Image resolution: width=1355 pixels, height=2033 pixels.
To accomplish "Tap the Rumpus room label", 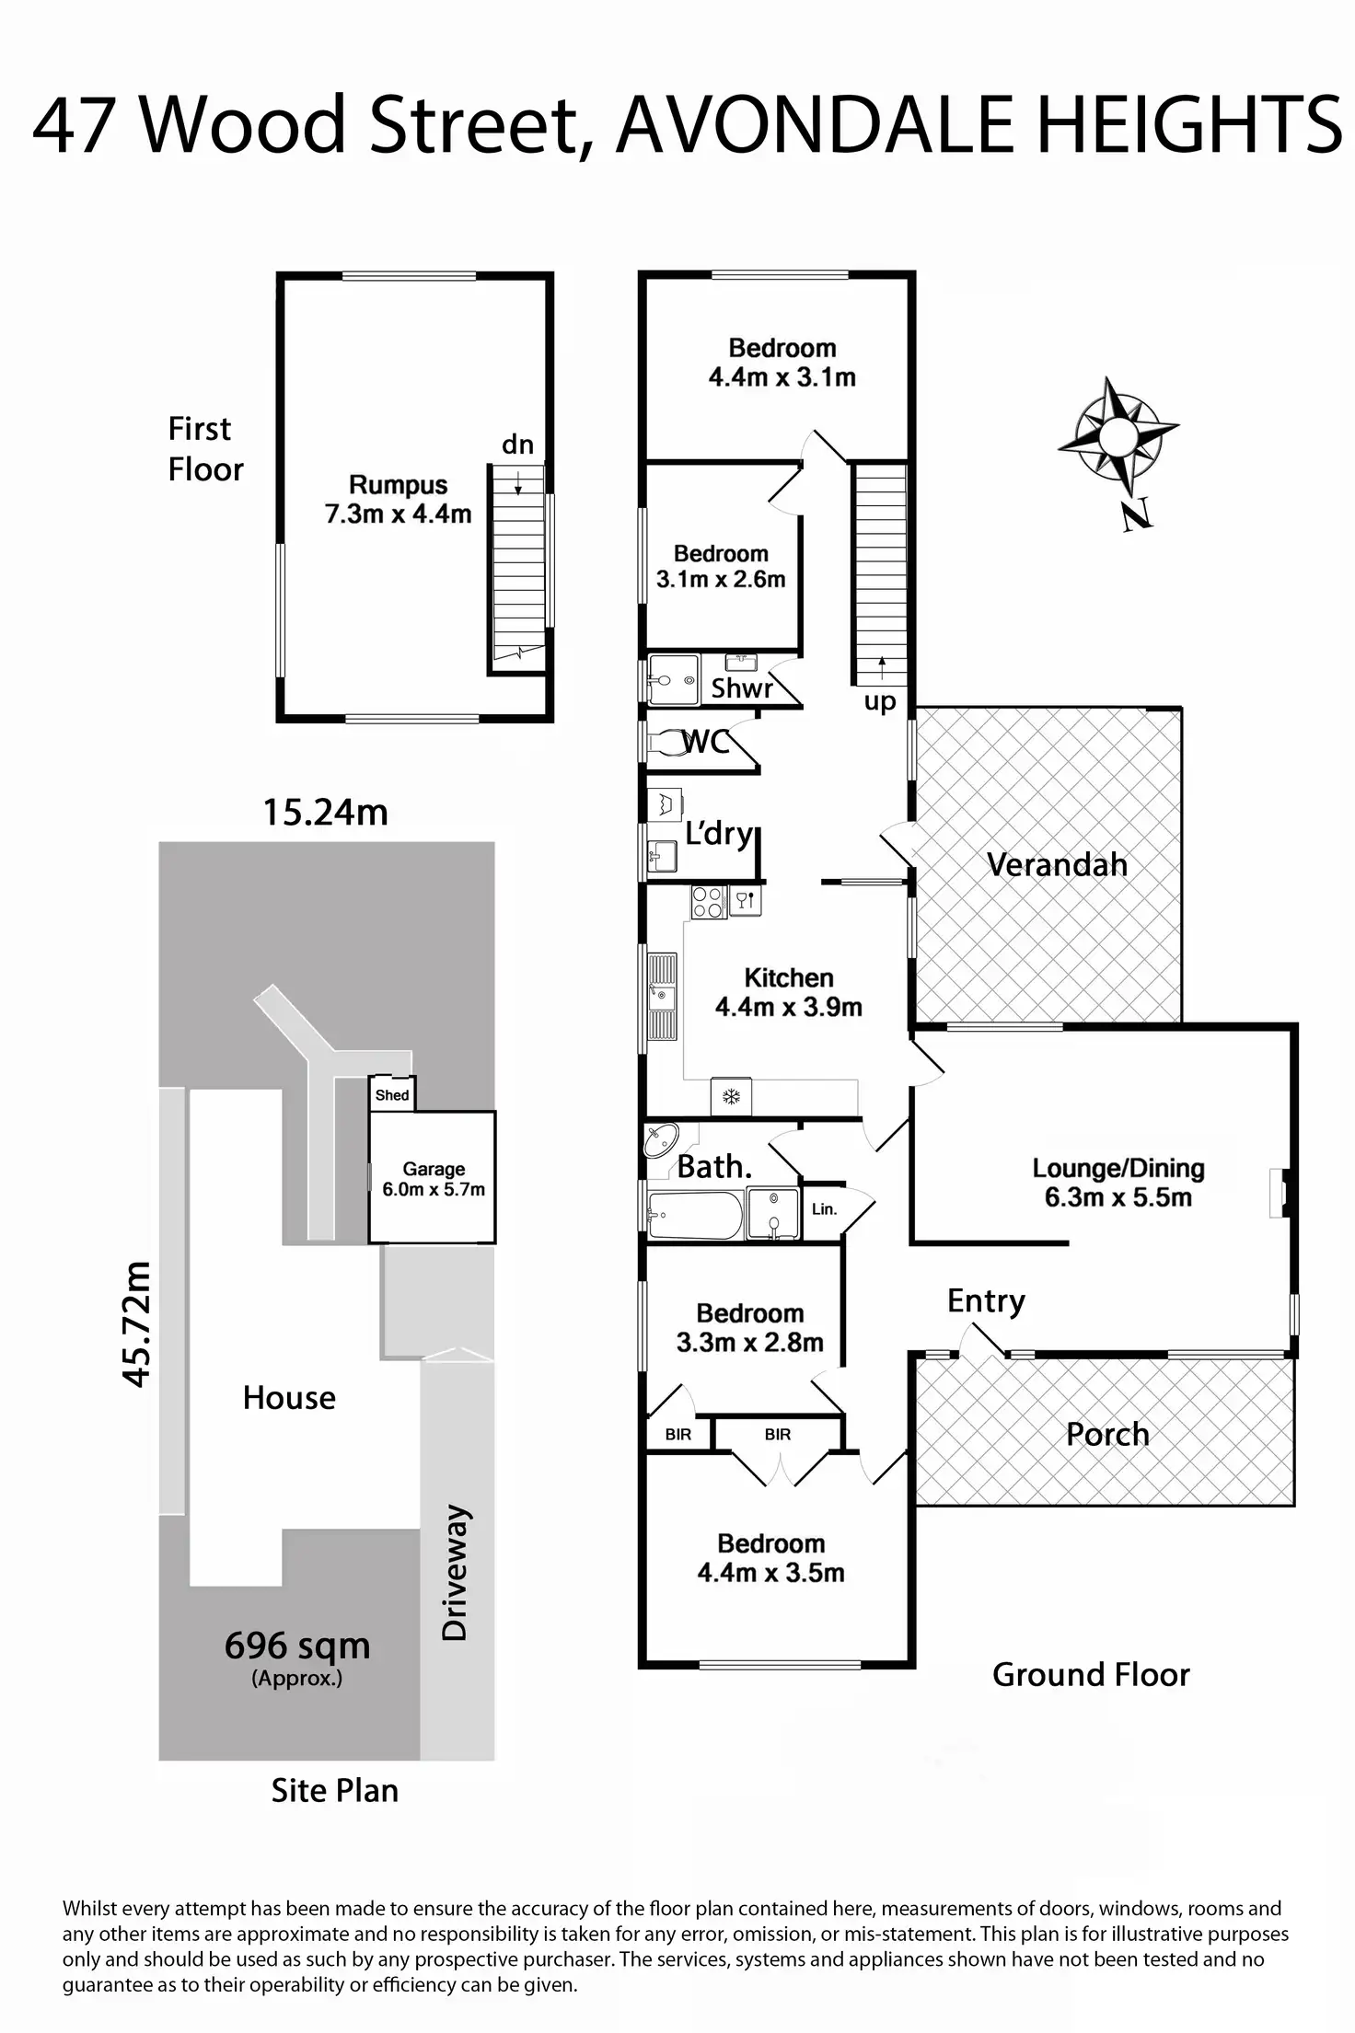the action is (398, 499).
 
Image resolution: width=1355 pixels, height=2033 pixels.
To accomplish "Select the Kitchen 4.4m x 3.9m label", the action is (788, 992).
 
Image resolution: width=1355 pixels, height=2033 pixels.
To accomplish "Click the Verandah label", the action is (1057, 864).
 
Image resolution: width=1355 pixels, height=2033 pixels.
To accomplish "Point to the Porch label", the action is (1107, 1434).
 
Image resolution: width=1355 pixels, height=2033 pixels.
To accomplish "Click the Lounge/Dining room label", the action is (1118, 1182).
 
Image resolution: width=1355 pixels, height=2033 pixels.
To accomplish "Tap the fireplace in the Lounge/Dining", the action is (1283, 1193).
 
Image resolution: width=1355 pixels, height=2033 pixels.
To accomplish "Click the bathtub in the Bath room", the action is (694, 1216).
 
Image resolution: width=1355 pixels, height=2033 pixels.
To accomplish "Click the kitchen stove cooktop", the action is (708, 902).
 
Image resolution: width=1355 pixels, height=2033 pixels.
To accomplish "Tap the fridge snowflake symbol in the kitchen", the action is (732, 1096).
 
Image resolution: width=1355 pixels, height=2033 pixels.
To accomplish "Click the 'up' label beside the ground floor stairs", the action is (880, 702).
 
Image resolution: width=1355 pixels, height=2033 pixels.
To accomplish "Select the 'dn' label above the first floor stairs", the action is (517, 445).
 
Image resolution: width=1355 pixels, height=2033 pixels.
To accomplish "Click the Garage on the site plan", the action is (433, 1178).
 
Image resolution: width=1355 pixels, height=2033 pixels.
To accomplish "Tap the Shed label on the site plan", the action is (391, 1095).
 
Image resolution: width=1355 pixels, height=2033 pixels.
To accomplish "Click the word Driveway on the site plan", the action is (456, 1574).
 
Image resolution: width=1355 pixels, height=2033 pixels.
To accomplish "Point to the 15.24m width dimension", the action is (325, 813).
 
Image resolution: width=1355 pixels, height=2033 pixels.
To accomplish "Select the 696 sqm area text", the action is (296, 1646).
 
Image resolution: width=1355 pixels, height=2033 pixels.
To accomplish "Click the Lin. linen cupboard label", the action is (824, 1208).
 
